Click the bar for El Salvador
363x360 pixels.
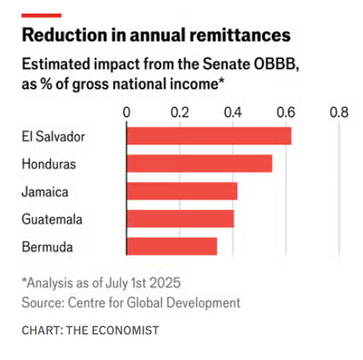point(209,136)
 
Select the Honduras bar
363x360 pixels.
point(199,164)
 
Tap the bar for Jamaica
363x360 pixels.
point(182,191)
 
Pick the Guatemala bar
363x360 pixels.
point(180,219)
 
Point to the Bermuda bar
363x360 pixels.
point(172,247)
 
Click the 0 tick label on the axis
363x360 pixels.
point(127,113)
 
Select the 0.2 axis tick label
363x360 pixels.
point(180,113)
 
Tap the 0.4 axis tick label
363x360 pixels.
point(233,113)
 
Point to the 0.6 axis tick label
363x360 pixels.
point(286,113)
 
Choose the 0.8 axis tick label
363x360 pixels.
point(339,113)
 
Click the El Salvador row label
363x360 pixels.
point(53,136)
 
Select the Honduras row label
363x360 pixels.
point(49,164)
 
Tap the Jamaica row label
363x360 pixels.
point(45,192)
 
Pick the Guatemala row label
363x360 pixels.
point(52,220)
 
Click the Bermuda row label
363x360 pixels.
point(47,247)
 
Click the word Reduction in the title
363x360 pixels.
point(65,35)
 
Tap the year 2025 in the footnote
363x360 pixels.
point(165,283)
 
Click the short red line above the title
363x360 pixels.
point(41,16)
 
